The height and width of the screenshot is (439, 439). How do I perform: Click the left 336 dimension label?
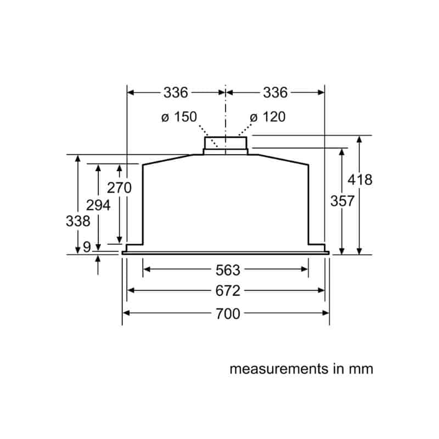coord(176,93)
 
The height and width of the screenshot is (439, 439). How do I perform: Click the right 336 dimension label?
coord(275,93)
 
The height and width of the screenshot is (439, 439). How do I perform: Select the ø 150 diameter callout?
coord(179,117)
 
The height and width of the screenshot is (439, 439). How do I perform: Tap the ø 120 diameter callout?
coord(268,117)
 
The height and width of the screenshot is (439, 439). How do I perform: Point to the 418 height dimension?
coord(360,180)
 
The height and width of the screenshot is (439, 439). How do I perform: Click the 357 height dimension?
coord(342,201)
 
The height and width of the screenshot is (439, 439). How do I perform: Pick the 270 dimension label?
coord(119,188)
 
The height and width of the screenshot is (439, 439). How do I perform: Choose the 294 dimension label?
coord(98,205)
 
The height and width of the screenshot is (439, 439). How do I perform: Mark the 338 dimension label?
coord(78,221)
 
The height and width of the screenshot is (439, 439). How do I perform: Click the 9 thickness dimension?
coord(87,247)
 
